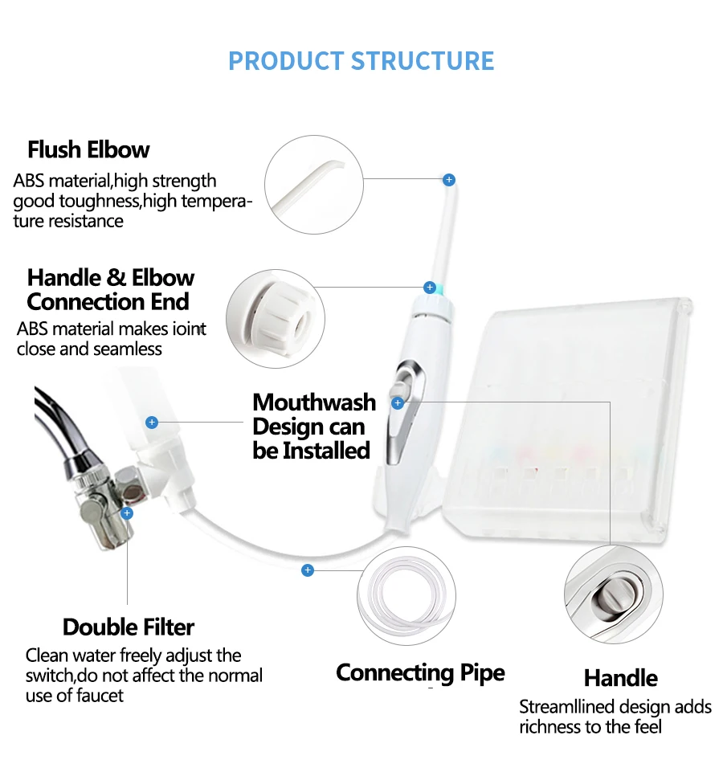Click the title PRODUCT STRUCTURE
point(361,61)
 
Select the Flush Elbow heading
point(88,150)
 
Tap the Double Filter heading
point(129,627)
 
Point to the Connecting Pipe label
point(420,672)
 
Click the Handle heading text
point(620,678)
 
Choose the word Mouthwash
point(314,402)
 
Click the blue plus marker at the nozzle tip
point(449,180)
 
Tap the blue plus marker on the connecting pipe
point(307,570)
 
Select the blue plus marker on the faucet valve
point(126,512)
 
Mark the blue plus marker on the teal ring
point(430,288)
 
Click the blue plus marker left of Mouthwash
point(152,422)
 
